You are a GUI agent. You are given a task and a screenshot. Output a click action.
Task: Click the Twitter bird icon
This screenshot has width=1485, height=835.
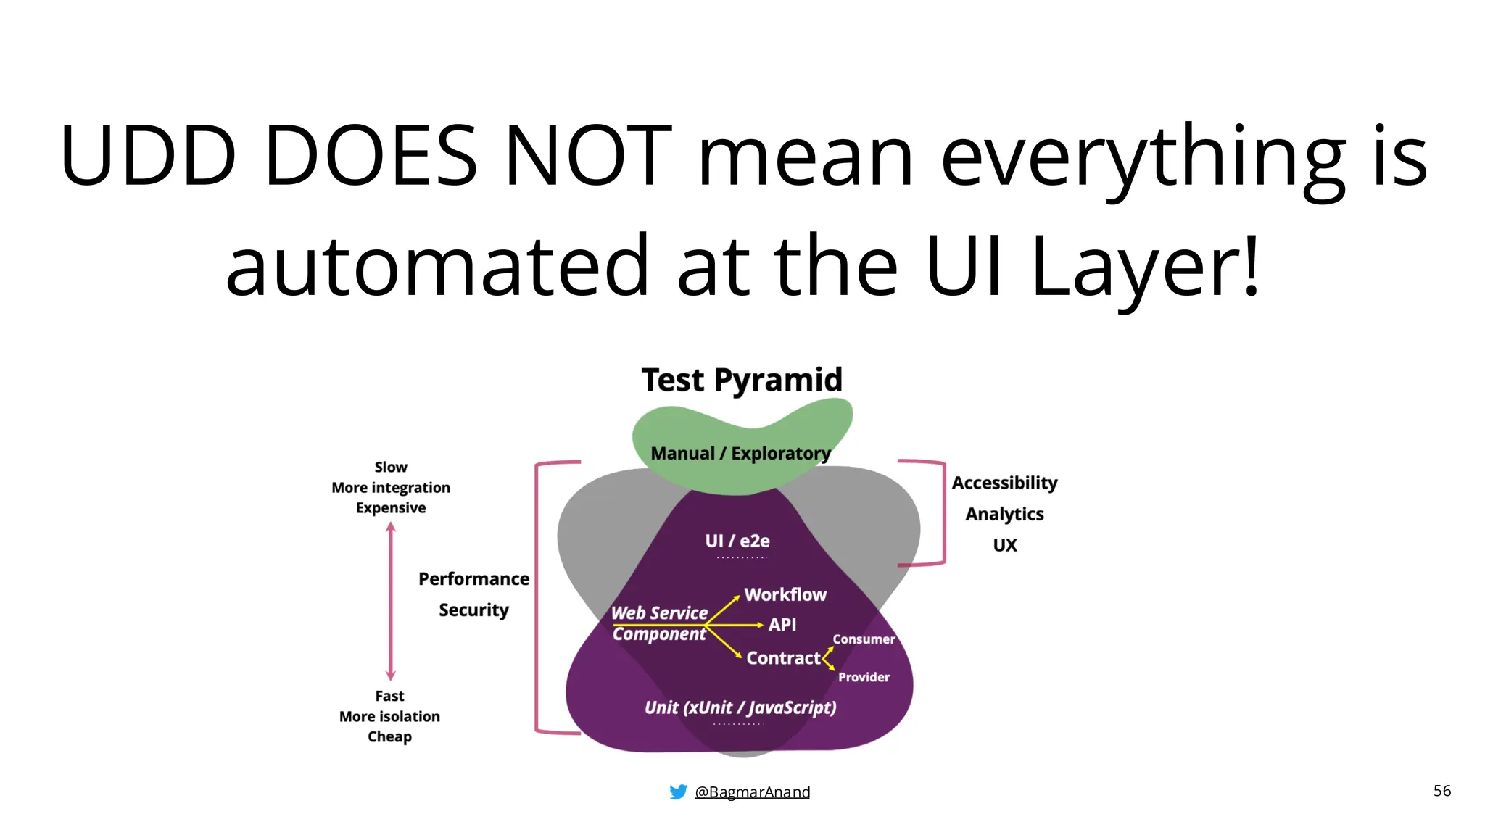[x=678, y=792]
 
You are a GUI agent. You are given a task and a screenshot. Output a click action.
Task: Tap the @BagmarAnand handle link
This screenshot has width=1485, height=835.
[x=752, y=792]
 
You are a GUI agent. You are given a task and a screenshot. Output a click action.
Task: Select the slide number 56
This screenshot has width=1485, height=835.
[x=1441, y=791]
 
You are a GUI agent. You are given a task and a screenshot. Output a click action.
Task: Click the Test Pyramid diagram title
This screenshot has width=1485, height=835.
[x=742, y=380]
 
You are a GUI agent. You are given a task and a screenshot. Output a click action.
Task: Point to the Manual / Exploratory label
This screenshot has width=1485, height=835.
[x=740, y=454]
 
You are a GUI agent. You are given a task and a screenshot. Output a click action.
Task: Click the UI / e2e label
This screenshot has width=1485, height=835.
[x=737, y=541]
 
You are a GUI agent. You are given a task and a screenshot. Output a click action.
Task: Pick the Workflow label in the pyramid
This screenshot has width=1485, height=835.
[x=785, y=594]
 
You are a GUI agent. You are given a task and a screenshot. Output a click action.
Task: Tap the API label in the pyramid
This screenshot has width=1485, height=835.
[x=782, y=625]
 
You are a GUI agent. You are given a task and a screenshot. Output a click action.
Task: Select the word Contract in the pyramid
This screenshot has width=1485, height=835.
[x=783, y=658]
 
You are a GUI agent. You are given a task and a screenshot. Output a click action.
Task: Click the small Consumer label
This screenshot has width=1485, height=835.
[x=864, y=639]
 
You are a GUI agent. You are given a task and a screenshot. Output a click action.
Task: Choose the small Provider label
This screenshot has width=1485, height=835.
[x=864, y=677]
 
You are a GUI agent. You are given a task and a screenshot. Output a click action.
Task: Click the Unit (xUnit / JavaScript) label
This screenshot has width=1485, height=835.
[x=740, y=707]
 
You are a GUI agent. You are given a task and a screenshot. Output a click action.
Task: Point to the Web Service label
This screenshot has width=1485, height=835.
[x=659, y=613]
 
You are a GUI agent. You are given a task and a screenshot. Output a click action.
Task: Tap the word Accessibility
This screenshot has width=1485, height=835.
[x=1004, y=483]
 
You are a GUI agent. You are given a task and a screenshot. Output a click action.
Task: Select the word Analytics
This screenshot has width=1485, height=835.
[x=1004, y=514]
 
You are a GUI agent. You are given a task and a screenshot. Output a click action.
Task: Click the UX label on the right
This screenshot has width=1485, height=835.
[x=1005, y=545]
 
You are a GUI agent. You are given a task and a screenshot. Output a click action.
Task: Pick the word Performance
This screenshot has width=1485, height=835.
[x=473, y=579]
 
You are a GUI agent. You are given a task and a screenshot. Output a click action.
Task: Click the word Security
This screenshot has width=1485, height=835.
[x=473, y=610]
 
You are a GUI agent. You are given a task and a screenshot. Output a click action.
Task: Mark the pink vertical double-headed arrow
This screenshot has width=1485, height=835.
[x=391, y=602]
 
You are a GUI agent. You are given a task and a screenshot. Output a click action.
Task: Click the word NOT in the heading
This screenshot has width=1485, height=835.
[x=588, y=156]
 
